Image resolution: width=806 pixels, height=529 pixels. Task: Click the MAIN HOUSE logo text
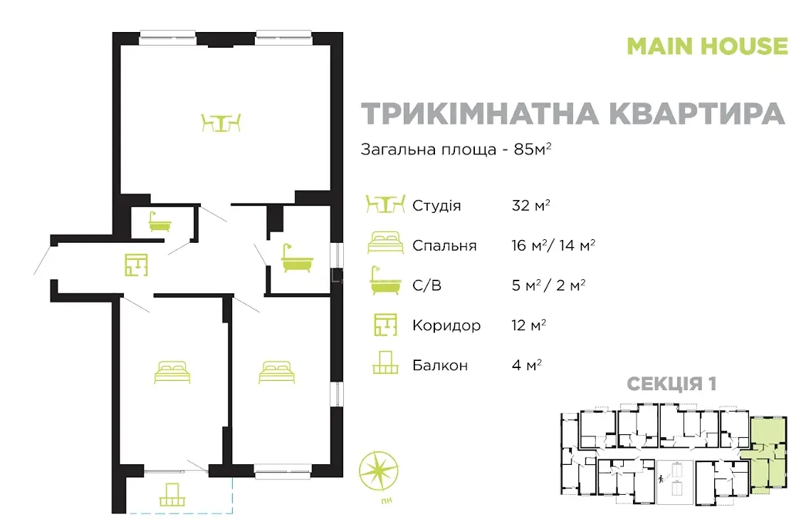click(x=707, y=46)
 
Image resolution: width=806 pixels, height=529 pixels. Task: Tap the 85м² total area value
click(x=533, y=149)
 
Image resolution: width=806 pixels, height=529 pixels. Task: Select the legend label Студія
click(x=436, y=206)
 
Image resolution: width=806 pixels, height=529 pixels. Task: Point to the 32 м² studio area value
click(x=531, y=205)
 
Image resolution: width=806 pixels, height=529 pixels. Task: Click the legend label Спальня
click(x=444, y=246)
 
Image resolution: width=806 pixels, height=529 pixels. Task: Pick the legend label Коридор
click(x=446, y=325)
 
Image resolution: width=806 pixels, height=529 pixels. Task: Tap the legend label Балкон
click(x=440, y=365)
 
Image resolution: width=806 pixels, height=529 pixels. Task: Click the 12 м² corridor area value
click(x=529, y=325)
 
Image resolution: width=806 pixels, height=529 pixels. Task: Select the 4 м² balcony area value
click(x=527, y=365)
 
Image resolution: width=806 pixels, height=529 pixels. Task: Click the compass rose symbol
click(x=379, y=471)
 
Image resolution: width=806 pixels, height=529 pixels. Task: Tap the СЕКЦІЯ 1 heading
click(x=671, y=384)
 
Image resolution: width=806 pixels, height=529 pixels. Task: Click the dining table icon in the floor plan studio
click(x=221, y=123)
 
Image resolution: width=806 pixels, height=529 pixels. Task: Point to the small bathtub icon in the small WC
click(x=159, y=221)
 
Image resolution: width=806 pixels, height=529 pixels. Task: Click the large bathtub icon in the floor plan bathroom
click(x=297, y=258)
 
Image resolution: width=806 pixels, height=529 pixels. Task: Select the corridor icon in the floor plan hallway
click(x=136, y=265)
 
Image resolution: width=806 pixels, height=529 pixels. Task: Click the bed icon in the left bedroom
click(x=172, y=372)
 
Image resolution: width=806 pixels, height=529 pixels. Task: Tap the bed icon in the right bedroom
click(x=276, y=372)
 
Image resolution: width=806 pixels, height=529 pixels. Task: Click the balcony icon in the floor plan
click(x=172, y=495)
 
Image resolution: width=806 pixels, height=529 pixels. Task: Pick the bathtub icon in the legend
click(x=385, y=281)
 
